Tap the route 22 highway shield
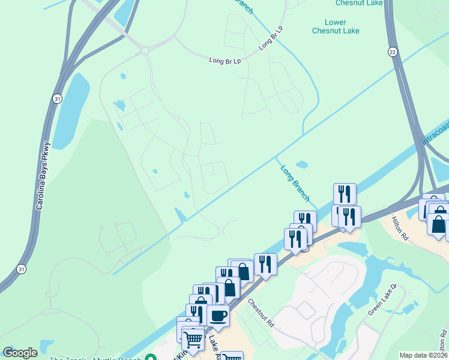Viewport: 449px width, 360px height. [393, 52]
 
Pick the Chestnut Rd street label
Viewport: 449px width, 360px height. [261, 313]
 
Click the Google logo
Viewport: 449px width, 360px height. [20, 353]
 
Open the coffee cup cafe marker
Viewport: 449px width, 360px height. [218, 315]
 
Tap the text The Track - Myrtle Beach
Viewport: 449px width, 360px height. [96, 359]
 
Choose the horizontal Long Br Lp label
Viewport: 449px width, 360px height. [224, 61]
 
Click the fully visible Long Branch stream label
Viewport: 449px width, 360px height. [295, 183]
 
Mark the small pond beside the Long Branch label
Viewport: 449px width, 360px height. [302, 164]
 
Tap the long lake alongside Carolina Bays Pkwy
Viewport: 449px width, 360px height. [70, 111]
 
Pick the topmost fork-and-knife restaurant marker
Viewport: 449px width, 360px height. [345, 194]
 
